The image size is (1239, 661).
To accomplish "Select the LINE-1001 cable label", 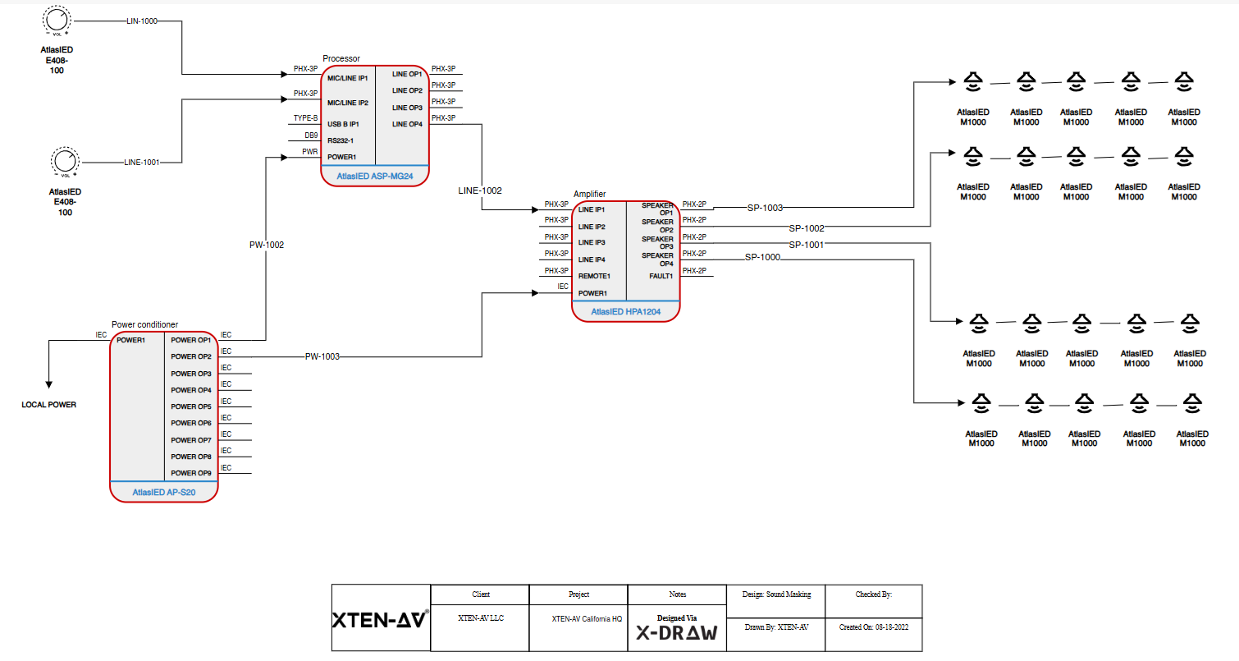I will pos(141,163).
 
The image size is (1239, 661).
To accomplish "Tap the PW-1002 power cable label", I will pos(267,245).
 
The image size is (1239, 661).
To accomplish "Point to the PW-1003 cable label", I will pos(322,356).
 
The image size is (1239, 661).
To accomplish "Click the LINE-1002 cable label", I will pos(480,190).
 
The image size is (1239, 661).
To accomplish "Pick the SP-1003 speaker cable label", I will pos(765,208).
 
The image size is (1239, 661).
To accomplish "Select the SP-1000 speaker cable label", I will pos(762,258).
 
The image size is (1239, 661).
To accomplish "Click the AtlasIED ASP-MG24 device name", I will pos(375,177).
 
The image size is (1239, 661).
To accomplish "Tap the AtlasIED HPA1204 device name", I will pos(625,312).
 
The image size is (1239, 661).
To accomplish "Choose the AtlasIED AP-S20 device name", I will pos(163,493).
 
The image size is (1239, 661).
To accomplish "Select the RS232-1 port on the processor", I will pos(341,140).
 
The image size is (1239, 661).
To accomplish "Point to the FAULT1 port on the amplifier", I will pos(661,276).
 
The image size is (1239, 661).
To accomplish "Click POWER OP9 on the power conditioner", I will pos(191,473).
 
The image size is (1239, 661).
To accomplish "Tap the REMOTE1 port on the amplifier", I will pos(594,276).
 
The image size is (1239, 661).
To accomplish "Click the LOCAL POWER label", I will pos(48,405).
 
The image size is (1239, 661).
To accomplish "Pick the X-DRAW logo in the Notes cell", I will pos(677,633).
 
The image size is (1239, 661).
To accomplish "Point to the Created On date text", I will pos(874,627).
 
